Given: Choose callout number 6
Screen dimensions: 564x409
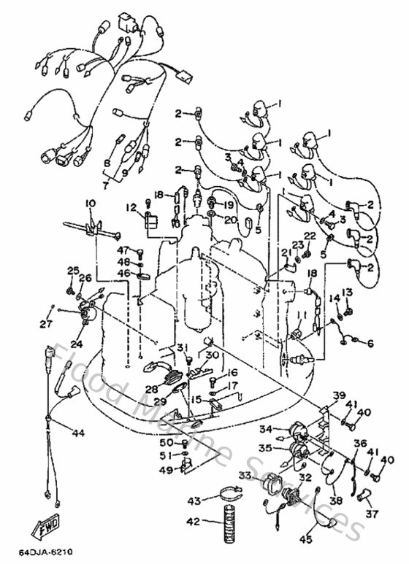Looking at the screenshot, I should pos(370,343).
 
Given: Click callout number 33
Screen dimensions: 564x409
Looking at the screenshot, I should pos(243,475).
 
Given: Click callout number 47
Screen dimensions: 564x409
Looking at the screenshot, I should pos(123,250).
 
